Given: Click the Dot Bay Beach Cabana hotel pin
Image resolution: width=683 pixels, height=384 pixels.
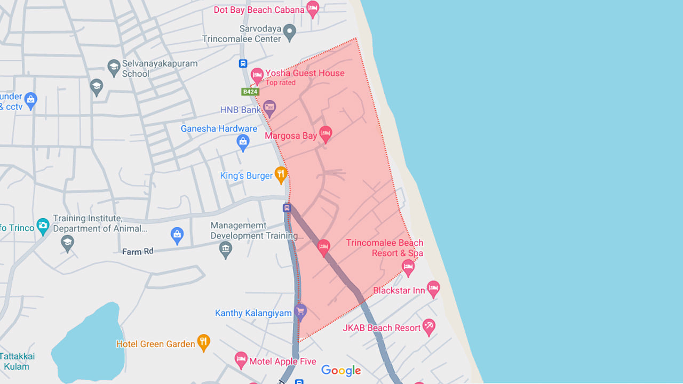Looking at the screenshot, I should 313,9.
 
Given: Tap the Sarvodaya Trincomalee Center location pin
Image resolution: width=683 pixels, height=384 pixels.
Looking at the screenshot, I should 289,31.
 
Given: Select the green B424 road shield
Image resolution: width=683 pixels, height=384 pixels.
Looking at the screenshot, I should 250,92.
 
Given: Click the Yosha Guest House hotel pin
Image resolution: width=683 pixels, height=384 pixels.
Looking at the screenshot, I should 257,75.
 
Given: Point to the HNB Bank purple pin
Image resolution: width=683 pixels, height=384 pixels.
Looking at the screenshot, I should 269,108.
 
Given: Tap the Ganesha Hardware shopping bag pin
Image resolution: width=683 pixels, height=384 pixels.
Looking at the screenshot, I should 243,142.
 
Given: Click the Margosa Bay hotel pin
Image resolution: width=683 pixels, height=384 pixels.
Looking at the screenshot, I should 325,134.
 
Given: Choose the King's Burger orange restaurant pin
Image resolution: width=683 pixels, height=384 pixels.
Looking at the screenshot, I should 281,174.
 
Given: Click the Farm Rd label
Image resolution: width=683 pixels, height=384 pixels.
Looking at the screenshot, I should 138,251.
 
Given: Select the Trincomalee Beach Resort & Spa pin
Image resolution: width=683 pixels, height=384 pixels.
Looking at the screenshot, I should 408,267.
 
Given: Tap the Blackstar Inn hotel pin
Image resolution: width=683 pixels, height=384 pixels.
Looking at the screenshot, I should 433,289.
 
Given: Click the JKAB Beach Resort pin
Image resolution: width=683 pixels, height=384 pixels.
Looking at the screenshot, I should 428,326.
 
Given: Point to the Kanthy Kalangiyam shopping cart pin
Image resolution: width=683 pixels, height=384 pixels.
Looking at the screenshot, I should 300,311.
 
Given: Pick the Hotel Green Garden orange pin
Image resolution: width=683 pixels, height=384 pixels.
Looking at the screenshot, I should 203,342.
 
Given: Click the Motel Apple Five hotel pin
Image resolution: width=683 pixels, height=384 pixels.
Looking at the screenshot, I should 241,360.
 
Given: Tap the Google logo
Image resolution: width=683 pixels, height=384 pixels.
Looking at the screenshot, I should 341,371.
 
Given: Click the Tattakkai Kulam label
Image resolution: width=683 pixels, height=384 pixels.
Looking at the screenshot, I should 17,361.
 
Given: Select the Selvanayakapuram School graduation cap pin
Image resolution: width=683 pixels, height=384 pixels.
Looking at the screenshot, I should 114,67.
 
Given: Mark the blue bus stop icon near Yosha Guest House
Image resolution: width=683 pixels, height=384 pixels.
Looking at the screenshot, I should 243,63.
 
